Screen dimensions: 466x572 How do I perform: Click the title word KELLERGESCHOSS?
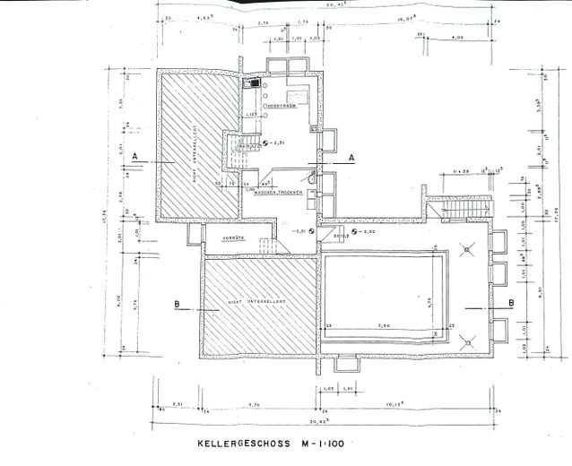(x=238, y=443)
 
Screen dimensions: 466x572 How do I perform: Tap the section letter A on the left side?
(x=134, y=156)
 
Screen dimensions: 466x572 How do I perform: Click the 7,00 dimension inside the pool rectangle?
(x=384, y=325)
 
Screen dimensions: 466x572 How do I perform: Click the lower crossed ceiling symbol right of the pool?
(x=468, y=340)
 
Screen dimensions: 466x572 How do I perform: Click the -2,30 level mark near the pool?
(x=365, y=231)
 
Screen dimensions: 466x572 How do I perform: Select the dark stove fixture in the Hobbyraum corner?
(x=256, y=84)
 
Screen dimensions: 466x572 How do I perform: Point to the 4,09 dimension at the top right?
(x=457, y=38)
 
